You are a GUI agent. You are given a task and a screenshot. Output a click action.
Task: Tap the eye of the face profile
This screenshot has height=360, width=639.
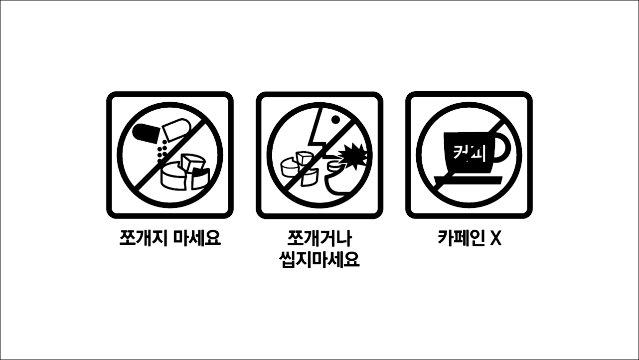pos(335,120)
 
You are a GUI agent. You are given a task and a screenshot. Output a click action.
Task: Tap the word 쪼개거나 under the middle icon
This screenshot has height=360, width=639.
pos(319,238)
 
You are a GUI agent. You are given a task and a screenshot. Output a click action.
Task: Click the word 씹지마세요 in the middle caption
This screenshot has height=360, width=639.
pos(319,259)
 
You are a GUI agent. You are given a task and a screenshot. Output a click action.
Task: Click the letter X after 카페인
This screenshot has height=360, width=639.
pos(495,238)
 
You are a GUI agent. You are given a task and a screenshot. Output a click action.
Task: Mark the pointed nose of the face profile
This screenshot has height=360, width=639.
pos(313,142)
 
